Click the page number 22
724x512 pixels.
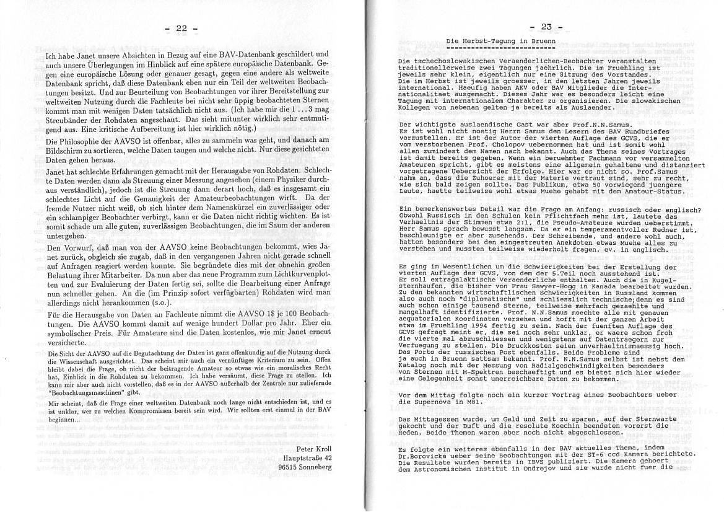pos(181,29)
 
